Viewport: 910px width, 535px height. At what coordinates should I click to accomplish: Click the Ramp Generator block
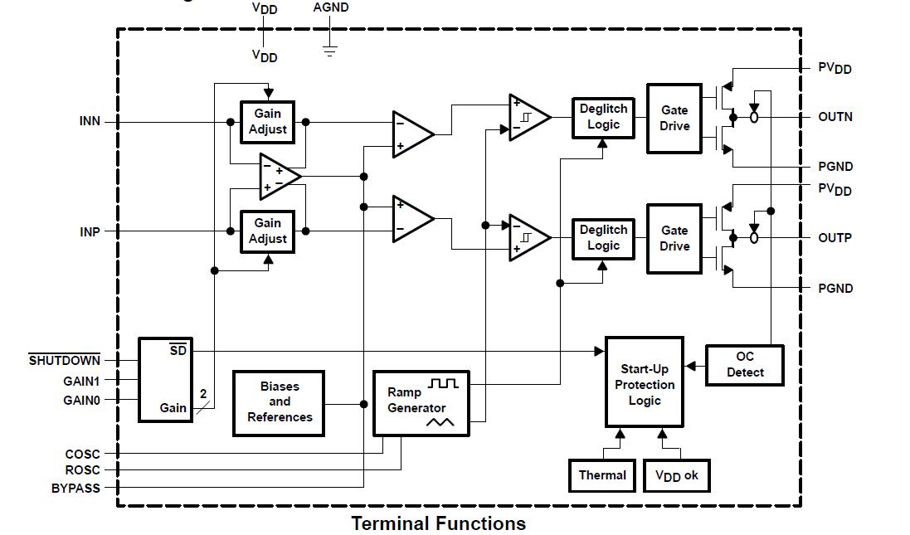click(422, 403)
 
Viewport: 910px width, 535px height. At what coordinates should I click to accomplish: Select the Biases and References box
click(280, 403)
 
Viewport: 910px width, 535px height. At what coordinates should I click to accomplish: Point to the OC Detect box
click(745, 365)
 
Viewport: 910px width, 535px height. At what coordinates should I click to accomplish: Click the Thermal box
click(602, 475)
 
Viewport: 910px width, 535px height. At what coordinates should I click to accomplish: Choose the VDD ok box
click(676, 475)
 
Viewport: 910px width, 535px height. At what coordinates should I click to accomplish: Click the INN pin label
click(90, 121)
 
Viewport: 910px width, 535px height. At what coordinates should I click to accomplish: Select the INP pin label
click(90, 231)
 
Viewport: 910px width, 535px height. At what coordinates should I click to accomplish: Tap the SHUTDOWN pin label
click(65, 361)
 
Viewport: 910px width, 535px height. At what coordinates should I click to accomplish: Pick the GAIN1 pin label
click(81, 381)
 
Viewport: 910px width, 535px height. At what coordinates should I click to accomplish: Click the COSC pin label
click(82, 454)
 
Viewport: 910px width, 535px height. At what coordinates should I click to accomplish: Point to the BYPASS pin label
click(75, 489)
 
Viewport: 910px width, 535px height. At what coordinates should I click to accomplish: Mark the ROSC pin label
click(82, 470)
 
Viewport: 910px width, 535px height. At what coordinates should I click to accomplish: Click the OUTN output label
click(835, 117)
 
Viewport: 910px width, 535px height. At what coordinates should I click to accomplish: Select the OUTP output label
click(835, 238)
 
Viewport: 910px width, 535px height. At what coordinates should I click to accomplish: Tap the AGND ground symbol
click(330, 50)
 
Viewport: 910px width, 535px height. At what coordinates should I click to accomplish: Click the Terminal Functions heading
click(438, 523)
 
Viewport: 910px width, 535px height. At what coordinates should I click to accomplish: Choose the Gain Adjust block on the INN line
click(267, 122)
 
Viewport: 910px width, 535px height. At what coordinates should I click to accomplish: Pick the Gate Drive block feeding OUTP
click(674, 239)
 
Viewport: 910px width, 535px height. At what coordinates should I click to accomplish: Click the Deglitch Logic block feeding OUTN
click(603, 117)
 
